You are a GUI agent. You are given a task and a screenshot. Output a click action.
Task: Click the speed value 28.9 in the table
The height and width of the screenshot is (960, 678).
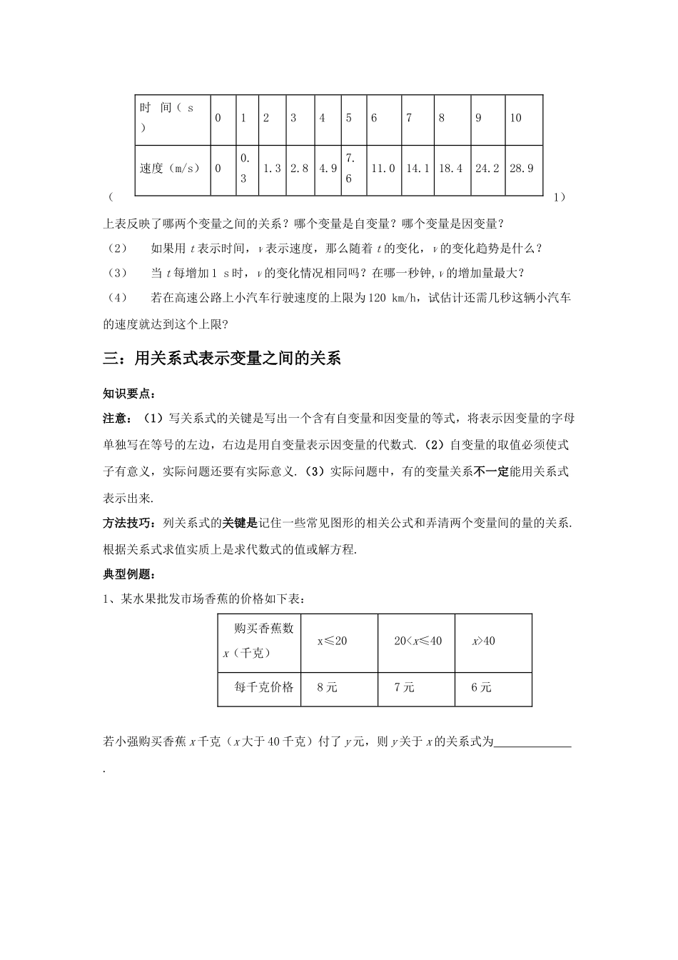point(522,169)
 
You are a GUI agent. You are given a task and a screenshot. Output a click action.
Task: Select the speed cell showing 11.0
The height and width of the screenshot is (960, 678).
point(383,169)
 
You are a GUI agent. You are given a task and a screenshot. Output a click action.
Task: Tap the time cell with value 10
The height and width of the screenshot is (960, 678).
point(515,118)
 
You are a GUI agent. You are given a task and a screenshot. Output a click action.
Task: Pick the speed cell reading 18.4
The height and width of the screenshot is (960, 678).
point(451,169)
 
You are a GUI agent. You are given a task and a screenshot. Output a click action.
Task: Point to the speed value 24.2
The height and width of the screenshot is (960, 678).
point(487,169)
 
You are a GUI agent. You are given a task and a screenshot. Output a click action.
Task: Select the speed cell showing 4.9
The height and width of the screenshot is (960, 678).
point(328,169)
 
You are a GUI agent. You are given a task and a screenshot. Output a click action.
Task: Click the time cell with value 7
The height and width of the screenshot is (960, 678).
point(409,118)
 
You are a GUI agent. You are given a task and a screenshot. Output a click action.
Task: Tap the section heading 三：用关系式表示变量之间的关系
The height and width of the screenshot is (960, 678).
point(222,359)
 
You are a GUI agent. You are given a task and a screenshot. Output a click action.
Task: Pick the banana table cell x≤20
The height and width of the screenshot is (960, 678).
point(332,641)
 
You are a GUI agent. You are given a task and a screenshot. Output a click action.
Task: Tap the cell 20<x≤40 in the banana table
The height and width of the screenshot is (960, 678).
point(418,641)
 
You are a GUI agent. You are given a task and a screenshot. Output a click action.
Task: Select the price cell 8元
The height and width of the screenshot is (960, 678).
point(327,687)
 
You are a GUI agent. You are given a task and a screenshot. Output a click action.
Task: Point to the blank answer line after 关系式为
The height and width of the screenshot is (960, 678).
point(532,743)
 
